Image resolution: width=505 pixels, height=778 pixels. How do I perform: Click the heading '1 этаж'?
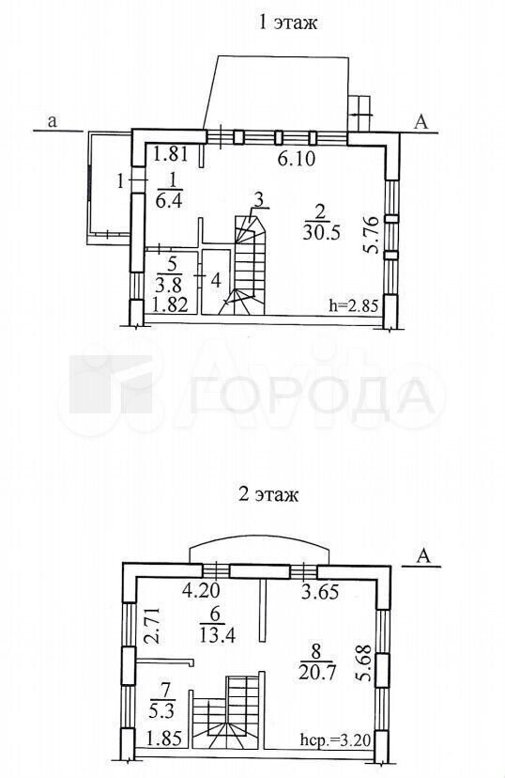pos(287,23)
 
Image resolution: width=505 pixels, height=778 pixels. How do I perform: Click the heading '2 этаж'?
pos(268,494)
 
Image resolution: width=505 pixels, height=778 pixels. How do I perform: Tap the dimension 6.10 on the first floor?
pos(296,159)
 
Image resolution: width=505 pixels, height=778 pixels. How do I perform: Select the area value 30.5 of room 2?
pos(322,232)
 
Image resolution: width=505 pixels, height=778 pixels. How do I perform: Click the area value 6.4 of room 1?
pos(170,203)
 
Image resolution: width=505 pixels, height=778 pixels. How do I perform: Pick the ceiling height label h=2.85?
pos(354,304)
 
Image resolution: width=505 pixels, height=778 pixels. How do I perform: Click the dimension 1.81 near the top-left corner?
pos(170,154)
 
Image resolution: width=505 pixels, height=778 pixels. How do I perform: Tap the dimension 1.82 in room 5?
pos(170,303)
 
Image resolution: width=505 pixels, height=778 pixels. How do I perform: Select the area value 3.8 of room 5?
pos(170,286)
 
